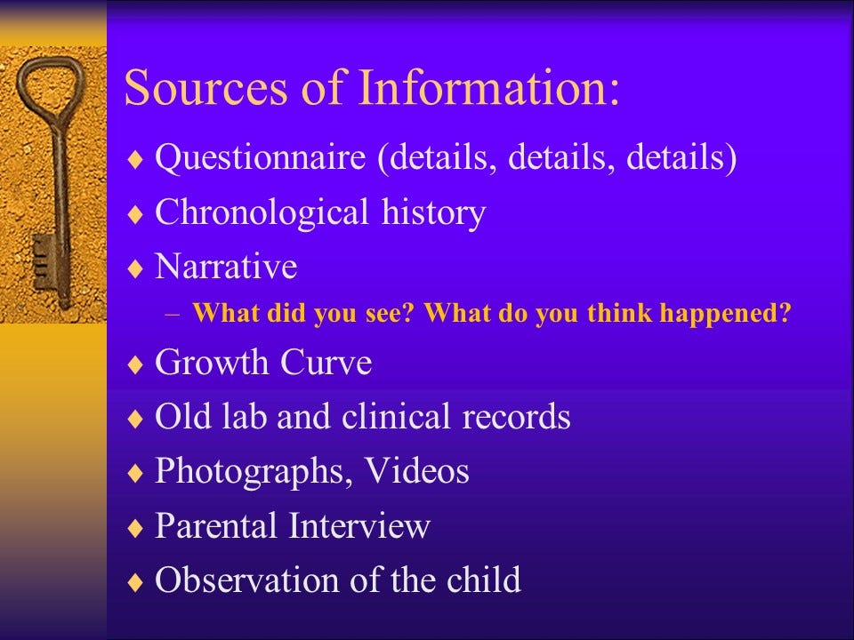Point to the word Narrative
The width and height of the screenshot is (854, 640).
[x=226, y=266]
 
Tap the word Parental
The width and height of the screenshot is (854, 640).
[x=215, y=525]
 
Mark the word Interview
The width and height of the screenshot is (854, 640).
[x=359, y=525]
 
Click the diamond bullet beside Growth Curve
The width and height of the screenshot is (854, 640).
[x=134, y=364]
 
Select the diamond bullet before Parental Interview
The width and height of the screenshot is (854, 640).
[x=134, y=527]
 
